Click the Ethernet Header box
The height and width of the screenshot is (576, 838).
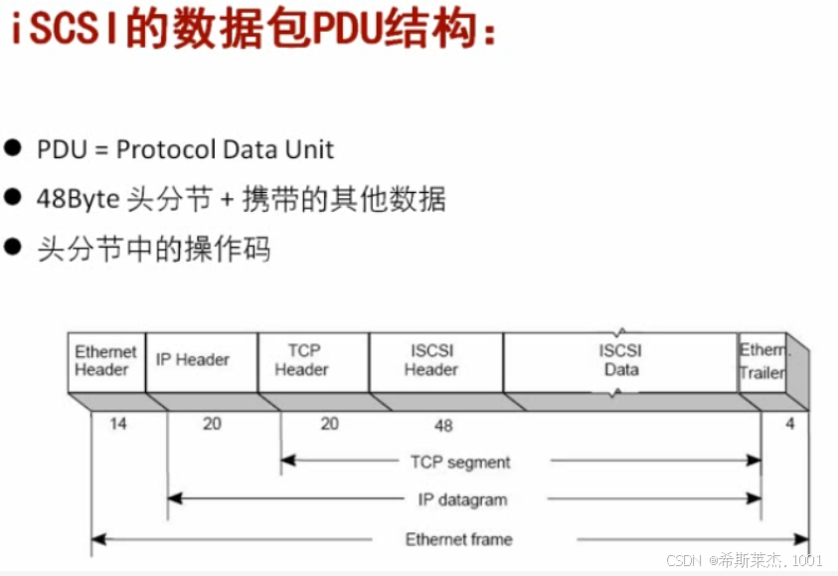[x=106, y=360]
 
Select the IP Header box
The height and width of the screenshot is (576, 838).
[x=193, y=360]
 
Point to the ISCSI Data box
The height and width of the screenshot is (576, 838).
[x=620, y=360]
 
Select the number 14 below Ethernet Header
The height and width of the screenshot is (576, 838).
[x=118, y=424]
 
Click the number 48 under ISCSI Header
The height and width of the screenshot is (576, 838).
[x=443, y=426]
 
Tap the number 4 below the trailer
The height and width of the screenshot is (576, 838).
[x=789, y=424]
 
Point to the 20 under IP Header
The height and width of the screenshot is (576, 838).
[x=212, y=424]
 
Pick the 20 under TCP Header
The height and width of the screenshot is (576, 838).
[x=329, y=424]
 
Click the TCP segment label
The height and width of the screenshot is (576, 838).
[x=460, y=463]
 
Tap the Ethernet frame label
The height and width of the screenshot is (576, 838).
[x=458, y=539]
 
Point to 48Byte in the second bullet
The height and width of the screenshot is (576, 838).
[x=80, y=199]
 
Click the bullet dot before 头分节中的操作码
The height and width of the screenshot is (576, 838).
[x=13, y=246]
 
